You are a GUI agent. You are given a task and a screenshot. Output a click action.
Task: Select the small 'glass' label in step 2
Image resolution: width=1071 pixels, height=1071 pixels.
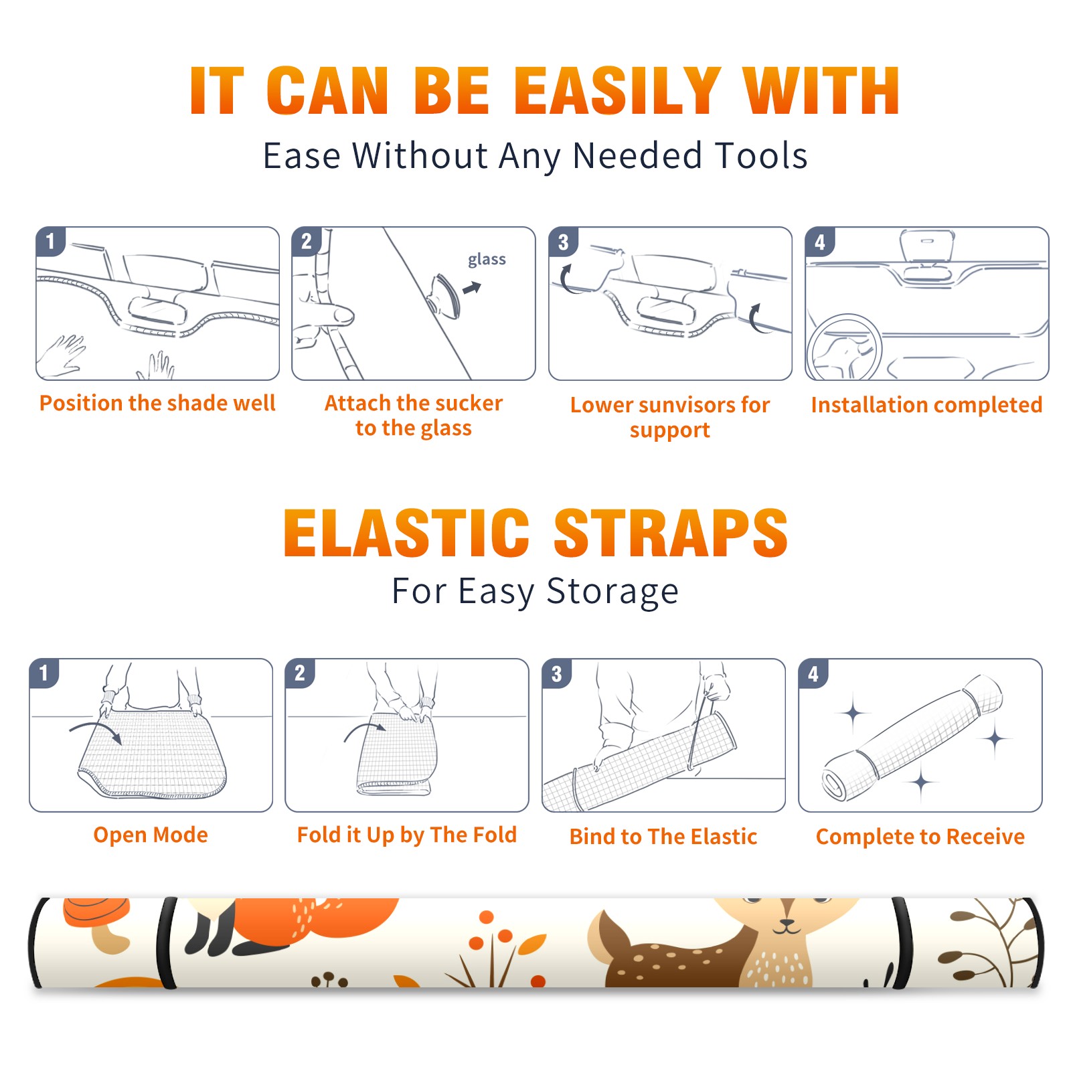487,260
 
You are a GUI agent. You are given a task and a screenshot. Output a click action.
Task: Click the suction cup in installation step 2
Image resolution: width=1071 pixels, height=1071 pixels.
445,295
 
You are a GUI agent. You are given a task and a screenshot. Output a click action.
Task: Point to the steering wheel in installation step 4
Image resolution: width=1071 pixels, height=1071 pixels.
843,347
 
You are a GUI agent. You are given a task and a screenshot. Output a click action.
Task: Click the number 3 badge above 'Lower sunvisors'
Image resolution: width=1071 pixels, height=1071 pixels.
563,242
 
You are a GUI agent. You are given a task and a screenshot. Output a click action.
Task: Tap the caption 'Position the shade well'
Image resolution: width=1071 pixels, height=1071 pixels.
157,403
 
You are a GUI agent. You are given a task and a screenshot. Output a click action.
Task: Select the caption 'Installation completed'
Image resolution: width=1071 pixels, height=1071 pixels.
926,405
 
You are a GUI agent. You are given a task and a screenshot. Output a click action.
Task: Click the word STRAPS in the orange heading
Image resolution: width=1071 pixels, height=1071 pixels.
671,533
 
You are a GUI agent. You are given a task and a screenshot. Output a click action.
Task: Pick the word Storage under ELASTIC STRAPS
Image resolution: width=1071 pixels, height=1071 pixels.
612,591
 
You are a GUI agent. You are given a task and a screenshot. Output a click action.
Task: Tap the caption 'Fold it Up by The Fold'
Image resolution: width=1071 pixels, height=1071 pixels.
407,835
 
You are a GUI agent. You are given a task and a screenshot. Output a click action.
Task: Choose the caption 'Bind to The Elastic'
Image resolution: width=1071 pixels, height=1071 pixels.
663,837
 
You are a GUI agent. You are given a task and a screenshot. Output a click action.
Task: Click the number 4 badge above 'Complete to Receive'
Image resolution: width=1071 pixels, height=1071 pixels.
813,673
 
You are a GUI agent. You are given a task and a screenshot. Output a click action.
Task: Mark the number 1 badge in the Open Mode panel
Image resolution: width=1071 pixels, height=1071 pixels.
44,673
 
